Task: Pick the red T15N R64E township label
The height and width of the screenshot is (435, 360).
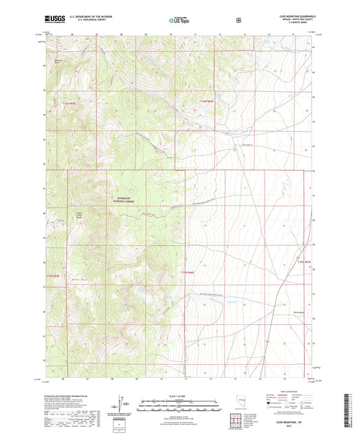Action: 208,102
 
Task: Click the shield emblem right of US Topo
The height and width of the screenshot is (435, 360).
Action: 238,20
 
